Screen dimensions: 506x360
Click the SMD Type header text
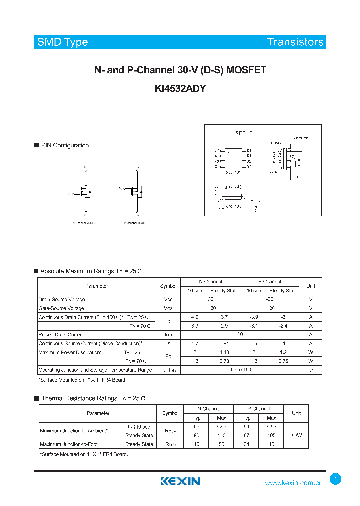click(x=62, y=42)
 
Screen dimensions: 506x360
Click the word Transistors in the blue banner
click(x=295, y=42)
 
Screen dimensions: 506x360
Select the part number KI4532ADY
click(x=180, y=89)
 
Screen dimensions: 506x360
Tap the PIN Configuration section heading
click(x=65, y=145)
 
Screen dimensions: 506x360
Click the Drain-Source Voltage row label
click(x=62, y=299)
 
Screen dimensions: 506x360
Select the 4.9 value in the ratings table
click(x=194, y=317)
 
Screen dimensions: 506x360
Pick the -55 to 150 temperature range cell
click(x=240, y=370)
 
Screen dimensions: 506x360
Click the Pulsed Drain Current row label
click(x=61, y=335)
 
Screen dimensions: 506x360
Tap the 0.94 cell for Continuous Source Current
click(x=224, y=344)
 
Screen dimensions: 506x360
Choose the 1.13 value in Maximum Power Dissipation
click(x=224, y=352)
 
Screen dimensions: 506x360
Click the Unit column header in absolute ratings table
click(x=310, y=286)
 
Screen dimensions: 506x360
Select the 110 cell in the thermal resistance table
click(x=221, y=435)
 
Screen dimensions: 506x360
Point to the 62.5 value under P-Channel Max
click(x=271, y=427)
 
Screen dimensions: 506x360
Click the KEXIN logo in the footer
click(x=180, y=482)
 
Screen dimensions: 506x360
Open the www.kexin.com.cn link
click(x=293, y=483)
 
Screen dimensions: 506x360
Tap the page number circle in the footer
click(x=336, y=479)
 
